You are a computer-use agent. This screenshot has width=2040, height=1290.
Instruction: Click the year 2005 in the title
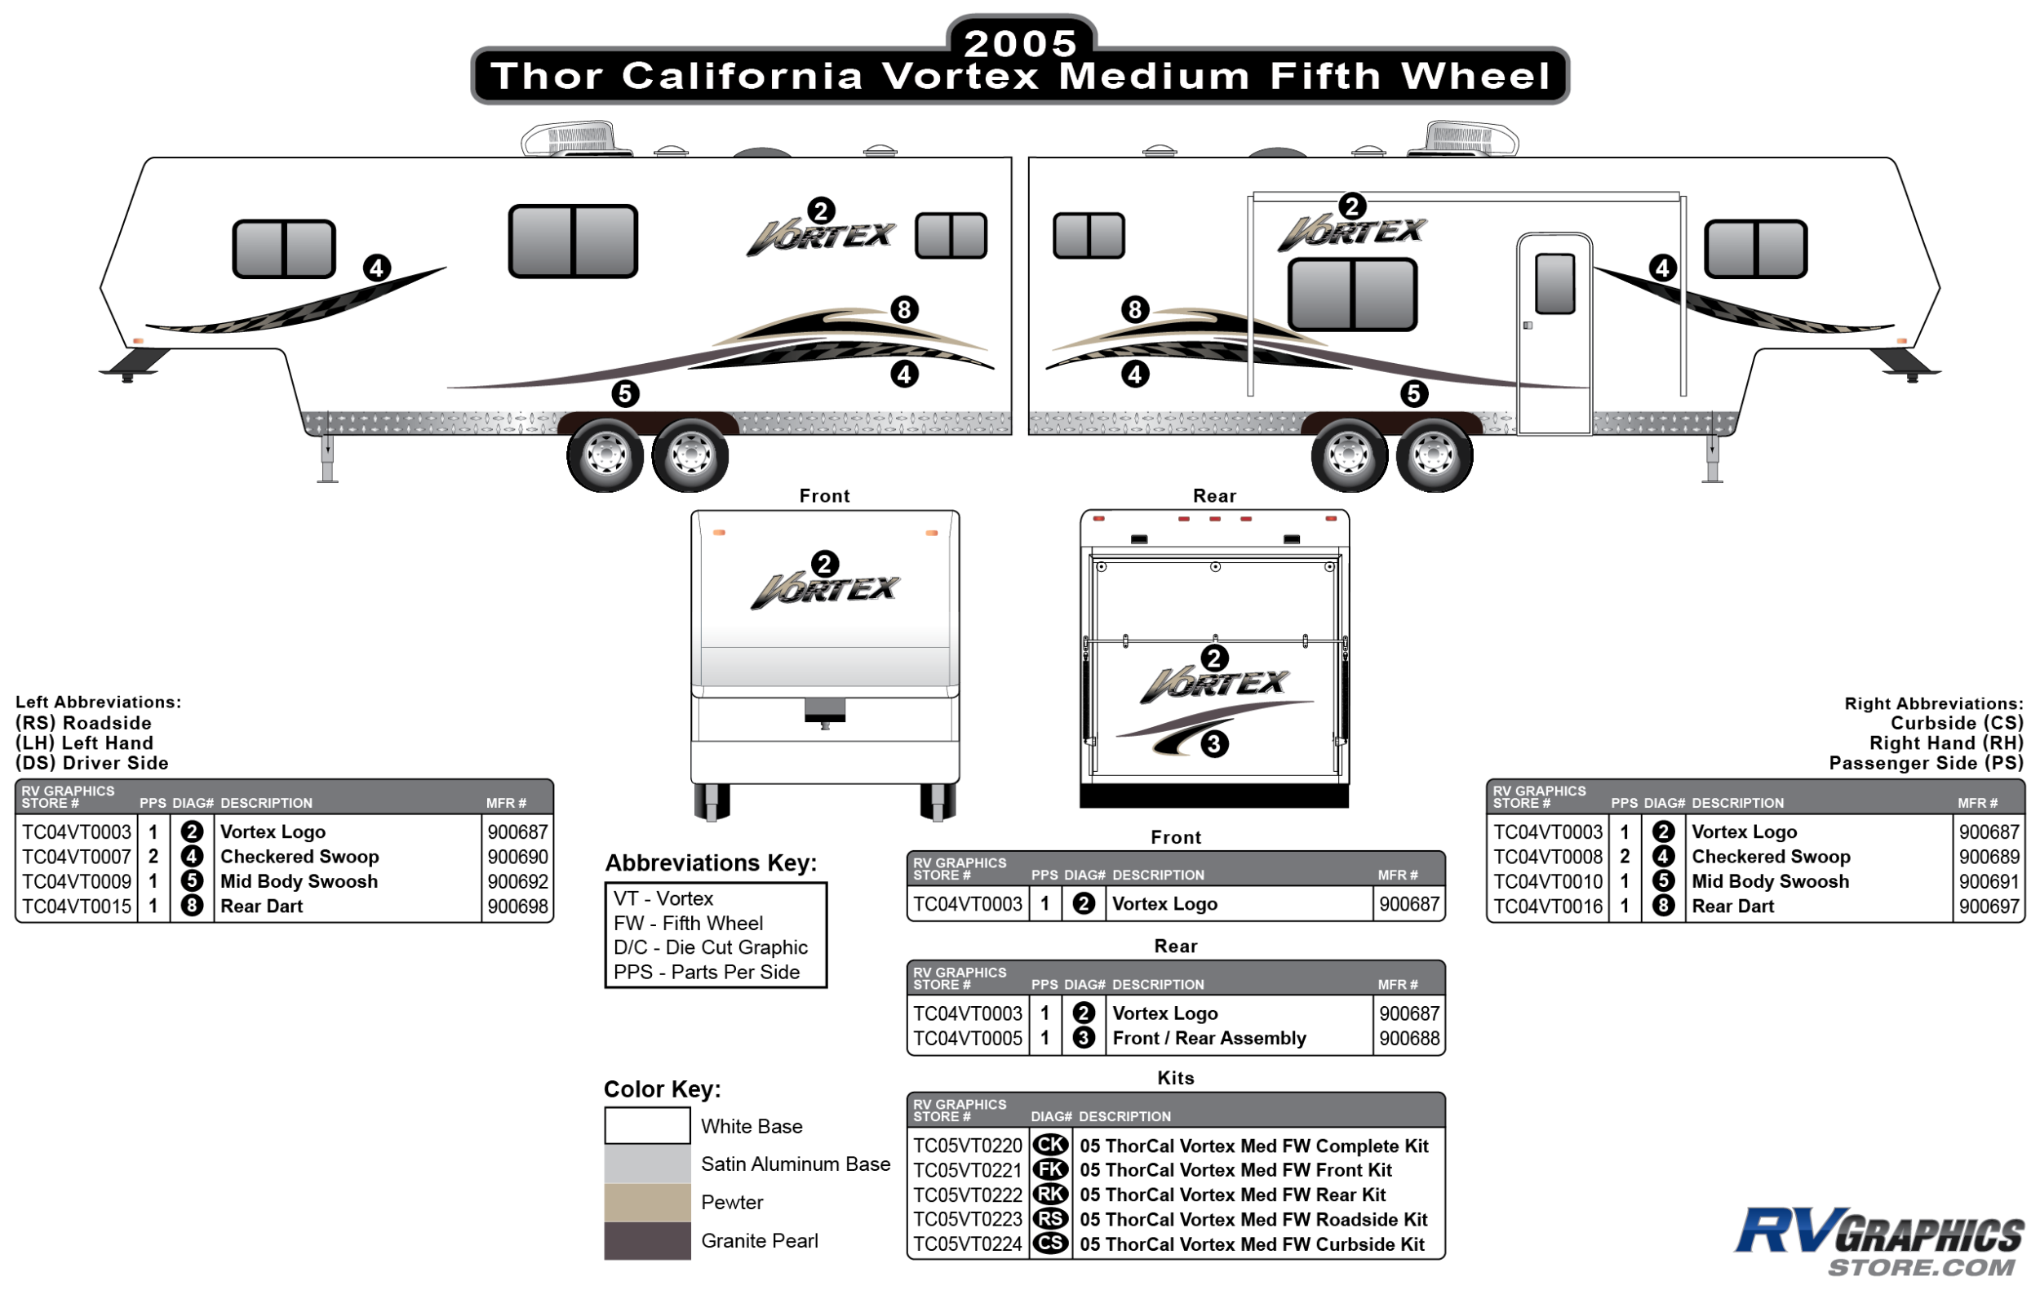pyautogui.click(x=1020, y=42)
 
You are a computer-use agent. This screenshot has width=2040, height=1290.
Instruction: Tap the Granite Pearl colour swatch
pyautogui.click(x=647, y=1241)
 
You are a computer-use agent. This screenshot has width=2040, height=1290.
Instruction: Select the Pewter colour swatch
pyautogui.click(x=647, y=1203)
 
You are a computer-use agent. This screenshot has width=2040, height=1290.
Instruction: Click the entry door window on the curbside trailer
pyautogui.click(x=1554, y=284)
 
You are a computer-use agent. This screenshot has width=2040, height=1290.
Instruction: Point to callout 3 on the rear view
pyautogui.click(x=1214, y=743)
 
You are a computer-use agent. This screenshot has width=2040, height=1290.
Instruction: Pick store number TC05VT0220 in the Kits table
pyautogui.click(x=968, y=1146)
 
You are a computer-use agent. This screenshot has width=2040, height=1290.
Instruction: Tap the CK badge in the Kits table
pyautogui.click(x=1050, y=1145)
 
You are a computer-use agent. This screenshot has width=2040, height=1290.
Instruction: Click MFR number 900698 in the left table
pyautogui.click(x=517, y=907)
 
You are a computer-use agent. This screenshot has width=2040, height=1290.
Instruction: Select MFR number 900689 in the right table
pyautogui.click(x=1989, y=858)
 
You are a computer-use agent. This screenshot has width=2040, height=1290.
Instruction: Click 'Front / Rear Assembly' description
pyautogui.click(x=1209, y=1039)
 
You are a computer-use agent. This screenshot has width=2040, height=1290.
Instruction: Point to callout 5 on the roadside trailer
pyautogui.click(x=625, y=394)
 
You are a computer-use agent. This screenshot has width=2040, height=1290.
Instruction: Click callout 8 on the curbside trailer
pyautogui.click(x=1135, y=309)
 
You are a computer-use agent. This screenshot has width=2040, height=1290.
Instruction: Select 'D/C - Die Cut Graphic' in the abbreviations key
pyautogui.click(x=711, y=948)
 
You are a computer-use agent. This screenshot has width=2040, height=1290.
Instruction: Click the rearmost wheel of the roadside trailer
pyautogui.click(x=690, y=455)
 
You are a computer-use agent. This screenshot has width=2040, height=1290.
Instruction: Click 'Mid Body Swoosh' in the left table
pyautogui.click(x=299, y=882)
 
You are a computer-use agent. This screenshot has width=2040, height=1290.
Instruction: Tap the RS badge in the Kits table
pyautogui.click(x=1050, y=1220)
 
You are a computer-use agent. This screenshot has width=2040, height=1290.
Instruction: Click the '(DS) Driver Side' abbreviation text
pyautogui.click(x=91, y=763)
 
